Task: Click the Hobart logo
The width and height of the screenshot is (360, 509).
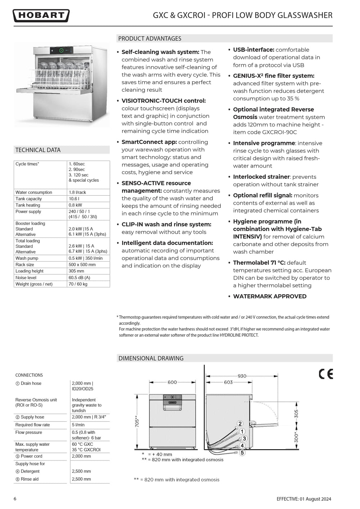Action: click(41, 15)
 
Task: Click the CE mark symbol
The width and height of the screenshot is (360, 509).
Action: click(326, 374)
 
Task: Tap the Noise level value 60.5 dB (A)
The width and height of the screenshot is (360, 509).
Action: click(79, 278)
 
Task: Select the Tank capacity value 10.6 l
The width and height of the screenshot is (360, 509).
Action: click(74, 199)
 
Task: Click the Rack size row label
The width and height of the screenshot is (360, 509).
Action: click(25, 265)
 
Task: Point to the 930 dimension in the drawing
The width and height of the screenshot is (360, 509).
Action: click(242, 376)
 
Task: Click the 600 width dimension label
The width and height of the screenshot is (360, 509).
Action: click(172, 382)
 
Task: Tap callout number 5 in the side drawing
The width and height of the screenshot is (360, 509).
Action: click(242, 453)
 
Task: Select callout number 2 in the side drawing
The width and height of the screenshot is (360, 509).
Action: click(240, 424)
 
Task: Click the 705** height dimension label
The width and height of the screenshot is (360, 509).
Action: click(137, 422)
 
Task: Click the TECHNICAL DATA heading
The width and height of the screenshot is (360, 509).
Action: click(38, 150)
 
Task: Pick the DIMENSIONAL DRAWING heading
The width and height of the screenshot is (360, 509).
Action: click(151, 358)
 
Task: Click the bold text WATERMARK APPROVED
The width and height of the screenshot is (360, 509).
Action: click(270, 296)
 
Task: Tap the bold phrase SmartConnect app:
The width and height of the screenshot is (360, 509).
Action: click(149, 142)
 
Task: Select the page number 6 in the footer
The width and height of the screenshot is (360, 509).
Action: click(15, 499)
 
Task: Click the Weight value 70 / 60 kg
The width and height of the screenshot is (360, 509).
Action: click(78, 284)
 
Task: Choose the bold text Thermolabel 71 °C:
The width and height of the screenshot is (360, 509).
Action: click(259, 263)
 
